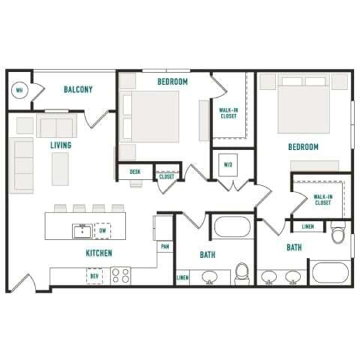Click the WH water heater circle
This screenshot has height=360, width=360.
click(20, 91)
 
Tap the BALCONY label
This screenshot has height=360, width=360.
click(78, 90)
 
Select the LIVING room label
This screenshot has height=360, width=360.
click(61, 145)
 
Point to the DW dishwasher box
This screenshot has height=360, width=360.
click(103, 231)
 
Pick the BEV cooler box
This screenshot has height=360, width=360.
click(94, 276)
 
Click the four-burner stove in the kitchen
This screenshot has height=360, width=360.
click(121, 275)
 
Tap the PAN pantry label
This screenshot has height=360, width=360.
click(163, 246)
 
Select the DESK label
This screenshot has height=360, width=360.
click(135, 172)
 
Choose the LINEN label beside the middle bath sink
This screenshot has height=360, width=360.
click(182, 277)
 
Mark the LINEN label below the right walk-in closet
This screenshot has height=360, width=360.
click(307, 226)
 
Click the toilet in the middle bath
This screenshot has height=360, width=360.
click(242, 274)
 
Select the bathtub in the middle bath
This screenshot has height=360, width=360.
click(234, 226)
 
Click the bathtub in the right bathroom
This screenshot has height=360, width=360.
click(331, 272)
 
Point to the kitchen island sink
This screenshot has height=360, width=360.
click(82, 230)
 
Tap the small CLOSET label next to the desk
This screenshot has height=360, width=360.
click(166, 177)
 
